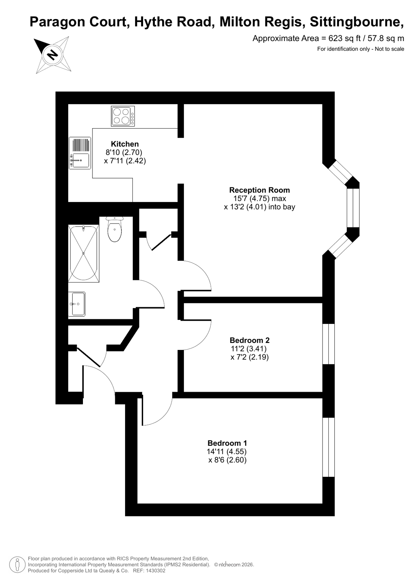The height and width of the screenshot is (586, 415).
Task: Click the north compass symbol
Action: [53, 55]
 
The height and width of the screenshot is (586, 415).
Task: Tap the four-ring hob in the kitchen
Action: [123, 116]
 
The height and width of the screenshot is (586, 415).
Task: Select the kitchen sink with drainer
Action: [80, 153]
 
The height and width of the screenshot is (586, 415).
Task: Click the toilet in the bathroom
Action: [114, 229]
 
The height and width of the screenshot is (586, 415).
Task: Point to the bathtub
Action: [84, 253]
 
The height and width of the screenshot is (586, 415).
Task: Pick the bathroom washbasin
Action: [77, 304]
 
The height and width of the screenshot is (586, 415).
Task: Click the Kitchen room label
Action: [125, 144]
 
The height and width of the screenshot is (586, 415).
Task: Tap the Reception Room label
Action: [259, 190]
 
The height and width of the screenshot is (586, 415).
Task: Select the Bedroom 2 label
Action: [250, 340]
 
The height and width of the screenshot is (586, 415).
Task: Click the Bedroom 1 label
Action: [227, 443]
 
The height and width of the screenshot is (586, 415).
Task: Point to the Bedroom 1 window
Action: [328, 447]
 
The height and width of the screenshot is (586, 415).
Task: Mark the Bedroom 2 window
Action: [328, 344]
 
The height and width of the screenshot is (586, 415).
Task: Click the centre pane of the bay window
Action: [353, 208]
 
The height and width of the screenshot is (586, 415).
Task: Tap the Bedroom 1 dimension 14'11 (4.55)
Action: [227, 451]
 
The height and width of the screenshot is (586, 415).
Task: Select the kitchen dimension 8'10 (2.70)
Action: [124, 152]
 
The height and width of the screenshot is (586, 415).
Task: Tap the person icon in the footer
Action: [17, 565]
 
